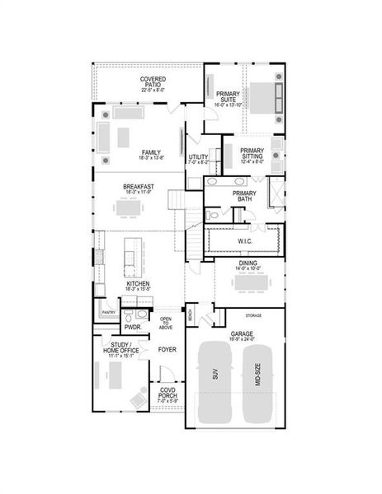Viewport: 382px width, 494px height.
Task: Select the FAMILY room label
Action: pos(150,154)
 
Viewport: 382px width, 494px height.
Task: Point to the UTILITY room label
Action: pos(198,159)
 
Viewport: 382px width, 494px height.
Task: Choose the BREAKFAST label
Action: pos(139,189)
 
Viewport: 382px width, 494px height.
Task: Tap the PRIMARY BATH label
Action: pos(246,196)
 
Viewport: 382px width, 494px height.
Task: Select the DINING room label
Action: pos(248,265)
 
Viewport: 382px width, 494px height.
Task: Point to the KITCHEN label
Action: pos(138,286)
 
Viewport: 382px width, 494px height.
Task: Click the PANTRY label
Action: pos(107,313)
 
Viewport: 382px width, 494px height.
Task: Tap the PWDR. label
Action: pos(133,327)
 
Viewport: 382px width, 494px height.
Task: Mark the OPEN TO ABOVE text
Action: pos(166,323)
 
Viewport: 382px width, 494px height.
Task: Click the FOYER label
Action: pos(167,349)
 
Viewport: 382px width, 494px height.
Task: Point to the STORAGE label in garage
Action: pos(253,315)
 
